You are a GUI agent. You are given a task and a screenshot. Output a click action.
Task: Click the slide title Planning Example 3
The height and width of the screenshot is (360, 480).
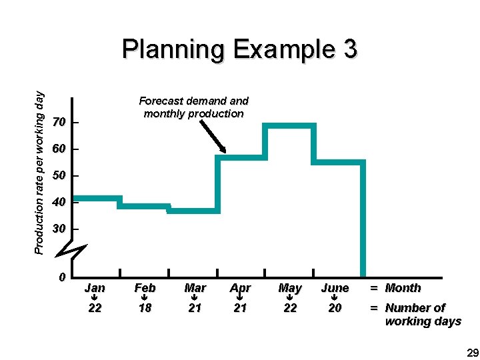coord(240,49)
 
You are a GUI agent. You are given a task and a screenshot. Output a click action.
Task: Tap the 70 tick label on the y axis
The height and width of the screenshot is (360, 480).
coord(58,123)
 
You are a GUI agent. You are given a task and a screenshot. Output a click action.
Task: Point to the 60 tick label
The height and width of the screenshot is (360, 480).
coord(58,149)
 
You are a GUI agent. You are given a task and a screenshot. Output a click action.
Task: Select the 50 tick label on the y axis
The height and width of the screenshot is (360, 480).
coord(58,176)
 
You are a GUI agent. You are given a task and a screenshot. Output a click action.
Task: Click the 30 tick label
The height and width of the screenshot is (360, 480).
coord(58,229)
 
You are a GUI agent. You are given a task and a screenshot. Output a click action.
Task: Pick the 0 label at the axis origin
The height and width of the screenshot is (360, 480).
coord(61,277)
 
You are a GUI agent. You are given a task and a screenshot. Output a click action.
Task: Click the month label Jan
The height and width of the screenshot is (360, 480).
coord(95,288)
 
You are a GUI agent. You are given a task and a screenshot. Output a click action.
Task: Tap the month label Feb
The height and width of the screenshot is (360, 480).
coord(145,288)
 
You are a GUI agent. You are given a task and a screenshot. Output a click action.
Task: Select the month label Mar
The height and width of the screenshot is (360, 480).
coord(195,288)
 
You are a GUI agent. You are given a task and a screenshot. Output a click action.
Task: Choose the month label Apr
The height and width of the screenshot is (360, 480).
coord(240,288)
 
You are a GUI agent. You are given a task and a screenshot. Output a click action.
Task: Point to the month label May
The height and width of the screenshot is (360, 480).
coord(290,288)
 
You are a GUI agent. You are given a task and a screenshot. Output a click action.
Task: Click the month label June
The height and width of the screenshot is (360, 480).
coord(335,288)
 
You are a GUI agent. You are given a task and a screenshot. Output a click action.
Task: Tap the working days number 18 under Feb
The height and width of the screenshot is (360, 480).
coord(145,308)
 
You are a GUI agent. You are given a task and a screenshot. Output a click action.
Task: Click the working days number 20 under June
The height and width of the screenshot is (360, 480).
coord(335,308)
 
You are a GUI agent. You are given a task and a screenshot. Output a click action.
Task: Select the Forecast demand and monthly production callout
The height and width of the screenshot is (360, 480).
coord(193,107)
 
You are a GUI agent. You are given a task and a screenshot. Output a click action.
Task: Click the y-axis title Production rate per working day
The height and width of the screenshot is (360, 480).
coord(39,171)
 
